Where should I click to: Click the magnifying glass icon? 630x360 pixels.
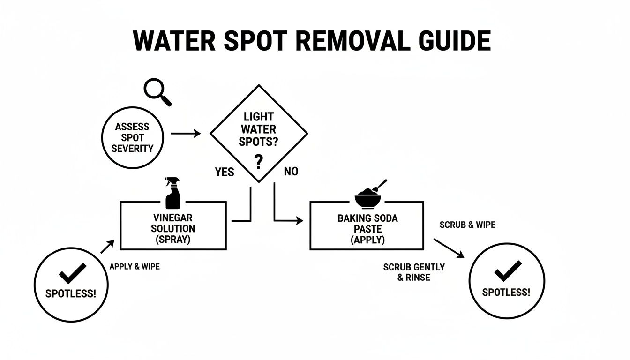(x=157, y=91)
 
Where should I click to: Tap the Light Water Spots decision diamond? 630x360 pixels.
(x=258, y=134)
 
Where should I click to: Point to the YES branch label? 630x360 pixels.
(x=225, y=172)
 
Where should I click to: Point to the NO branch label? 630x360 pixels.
(x=291, y=172)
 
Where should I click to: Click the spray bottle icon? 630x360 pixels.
(x=172, y=193)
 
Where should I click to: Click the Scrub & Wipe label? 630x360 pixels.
(x=467, y=225)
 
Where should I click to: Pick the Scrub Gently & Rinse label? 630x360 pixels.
(x=414, y=272)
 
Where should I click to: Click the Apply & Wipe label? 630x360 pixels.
(x=135, y=267)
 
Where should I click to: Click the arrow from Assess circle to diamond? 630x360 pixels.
(x=186, y=134)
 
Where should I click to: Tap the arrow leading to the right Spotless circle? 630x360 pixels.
(x=449, y=248)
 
